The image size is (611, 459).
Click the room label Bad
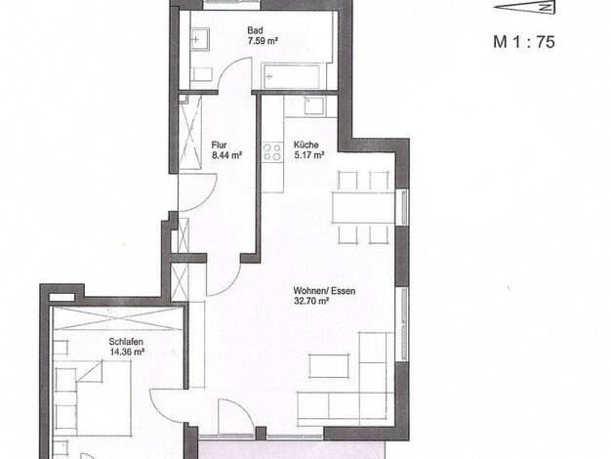pos(255,30)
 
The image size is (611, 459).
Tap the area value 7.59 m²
pos(263,41)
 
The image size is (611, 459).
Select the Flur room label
pos(219,146)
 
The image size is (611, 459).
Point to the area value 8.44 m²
pos(227,155)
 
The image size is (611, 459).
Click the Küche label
pos(305,145)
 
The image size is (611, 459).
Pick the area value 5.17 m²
pos(309,155)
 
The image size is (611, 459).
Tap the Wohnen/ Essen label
pos(324,291)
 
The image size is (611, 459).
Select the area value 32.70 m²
pos(311,301)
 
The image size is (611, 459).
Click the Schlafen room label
pos(126,342)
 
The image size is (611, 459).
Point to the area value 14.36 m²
pos(128,352)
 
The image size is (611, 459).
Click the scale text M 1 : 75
pos(524,42)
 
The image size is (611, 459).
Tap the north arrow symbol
pos(524,8)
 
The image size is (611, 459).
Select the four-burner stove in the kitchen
pos(272,151)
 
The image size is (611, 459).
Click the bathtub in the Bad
pos(292,76)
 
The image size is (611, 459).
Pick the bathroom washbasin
pos(199,40)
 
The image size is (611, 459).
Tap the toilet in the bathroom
pos(201,74)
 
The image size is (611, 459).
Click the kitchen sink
pos(314,105)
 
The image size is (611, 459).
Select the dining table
pos(363,207)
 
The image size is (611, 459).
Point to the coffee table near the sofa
pos(329,366)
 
